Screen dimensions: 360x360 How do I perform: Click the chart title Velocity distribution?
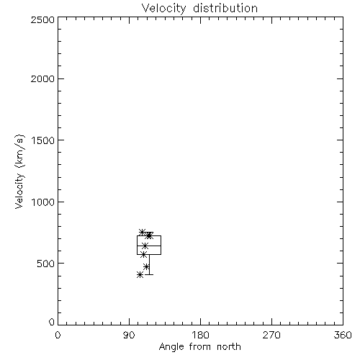(x=199, y=9)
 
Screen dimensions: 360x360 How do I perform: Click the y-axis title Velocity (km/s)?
(x=19, y=171)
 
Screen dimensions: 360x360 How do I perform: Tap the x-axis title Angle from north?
(x=199, y=347)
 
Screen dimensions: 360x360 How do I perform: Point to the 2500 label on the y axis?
(x=42, y=19)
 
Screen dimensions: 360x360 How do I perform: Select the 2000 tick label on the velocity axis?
(x=42, y=78)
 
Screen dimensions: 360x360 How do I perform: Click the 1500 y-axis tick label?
(x=43, y=140)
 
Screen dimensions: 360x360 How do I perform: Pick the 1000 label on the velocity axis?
(x=43, y=202)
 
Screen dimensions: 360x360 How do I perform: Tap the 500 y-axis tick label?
(x=46, y=264)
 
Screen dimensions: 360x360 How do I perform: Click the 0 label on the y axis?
(x=52, y=322)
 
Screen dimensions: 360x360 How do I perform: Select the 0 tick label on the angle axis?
(x=58, y=335)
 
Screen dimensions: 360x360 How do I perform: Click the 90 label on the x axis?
(x=129, y=335)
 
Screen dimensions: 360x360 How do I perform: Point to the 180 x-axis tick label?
(x=200, y=335)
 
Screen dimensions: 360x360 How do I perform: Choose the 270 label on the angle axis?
(x=271, y=335)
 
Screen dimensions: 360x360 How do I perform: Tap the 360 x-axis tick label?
(x=343, y=335)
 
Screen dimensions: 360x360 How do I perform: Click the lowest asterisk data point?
(x=140, y=275)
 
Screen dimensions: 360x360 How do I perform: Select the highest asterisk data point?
(x=143, y=232)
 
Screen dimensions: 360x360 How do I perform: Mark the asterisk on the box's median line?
(x=145, y=246)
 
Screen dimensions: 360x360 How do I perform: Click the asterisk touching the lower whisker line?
(x=146, y=266)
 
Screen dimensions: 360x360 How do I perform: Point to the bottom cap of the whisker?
(x=149, y=274)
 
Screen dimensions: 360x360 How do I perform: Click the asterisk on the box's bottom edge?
(x=143, y=255)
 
